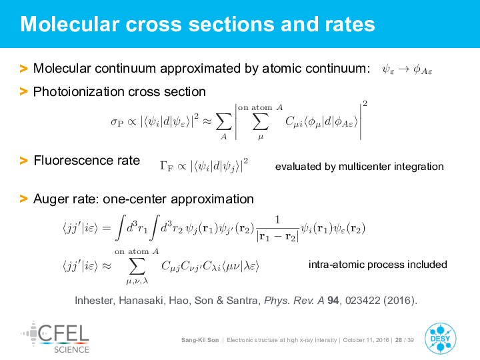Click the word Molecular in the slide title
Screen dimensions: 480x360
click(x=70, y=24)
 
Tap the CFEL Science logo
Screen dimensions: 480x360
click(x=55, y=337)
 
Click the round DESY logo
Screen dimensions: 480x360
click(x=440, y=339)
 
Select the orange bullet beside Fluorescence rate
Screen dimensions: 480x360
click(x=23, y=161)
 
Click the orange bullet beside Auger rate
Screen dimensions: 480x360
click(x=23, y=199)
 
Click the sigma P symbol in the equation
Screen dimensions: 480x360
click(x=117, y=122)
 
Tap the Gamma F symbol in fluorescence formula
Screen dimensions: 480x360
click(x=167, y=166)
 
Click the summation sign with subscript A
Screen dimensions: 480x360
click(x=224, y=122)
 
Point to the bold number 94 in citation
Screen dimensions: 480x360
click(x=333, y=300)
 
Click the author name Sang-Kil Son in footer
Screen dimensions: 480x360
click(x=200, y=340)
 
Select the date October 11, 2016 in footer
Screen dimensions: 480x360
click(x=366, y=340)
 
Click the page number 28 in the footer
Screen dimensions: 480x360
click(x=399, y=340)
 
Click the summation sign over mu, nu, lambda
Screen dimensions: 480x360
click(x=137, y=266)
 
